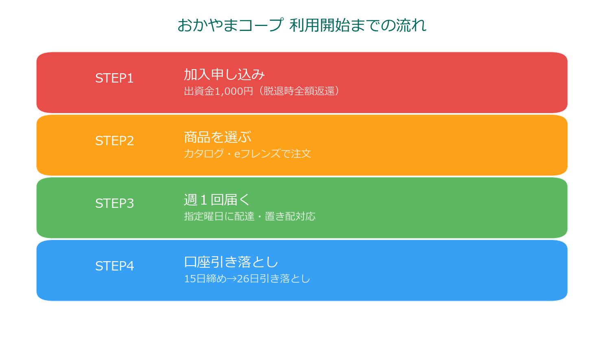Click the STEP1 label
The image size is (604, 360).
click(114, 78)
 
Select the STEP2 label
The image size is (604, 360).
click(114, 141)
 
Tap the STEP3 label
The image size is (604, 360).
click(114, 203)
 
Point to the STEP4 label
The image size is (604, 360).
click(114, 266)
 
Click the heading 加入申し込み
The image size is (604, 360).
click(224, 74)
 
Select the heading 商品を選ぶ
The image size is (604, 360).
click(218, 137)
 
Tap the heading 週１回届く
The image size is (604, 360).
click(217, 200)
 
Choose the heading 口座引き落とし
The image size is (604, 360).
click(231, 262)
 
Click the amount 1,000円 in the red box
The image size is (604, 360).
click(234, 91)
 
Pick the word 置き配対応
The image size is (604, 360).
click(290, 216)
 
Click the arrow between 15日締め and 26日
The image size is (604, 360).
click(232, 279)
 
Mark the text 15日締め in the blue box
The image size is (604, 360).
click(205, 279)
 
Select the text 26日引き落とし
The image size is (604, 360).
click(273, 279)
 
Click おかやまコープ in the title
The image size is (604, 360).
click(230, 25)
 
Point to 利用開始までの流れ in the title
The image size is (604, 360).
click(358, 25)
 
